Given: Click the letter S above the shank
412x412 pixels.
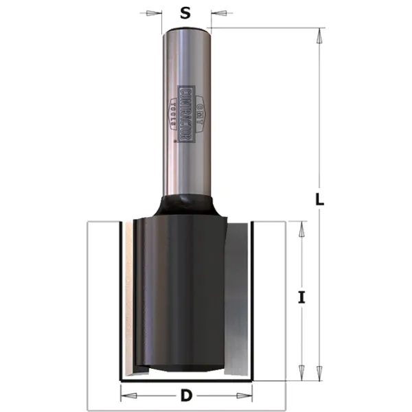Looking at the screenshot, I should pos(185,12).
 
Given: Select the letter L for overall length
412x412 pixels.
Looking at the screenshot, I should pos(319,200).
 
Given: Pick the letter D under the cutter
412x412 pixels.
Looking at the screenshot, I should pos(186,396).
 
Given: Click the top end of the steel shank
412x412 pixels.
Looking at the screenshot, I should pos(186,29).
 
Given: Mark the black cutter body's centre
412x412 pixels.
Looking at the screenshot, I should pos(180,292).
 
